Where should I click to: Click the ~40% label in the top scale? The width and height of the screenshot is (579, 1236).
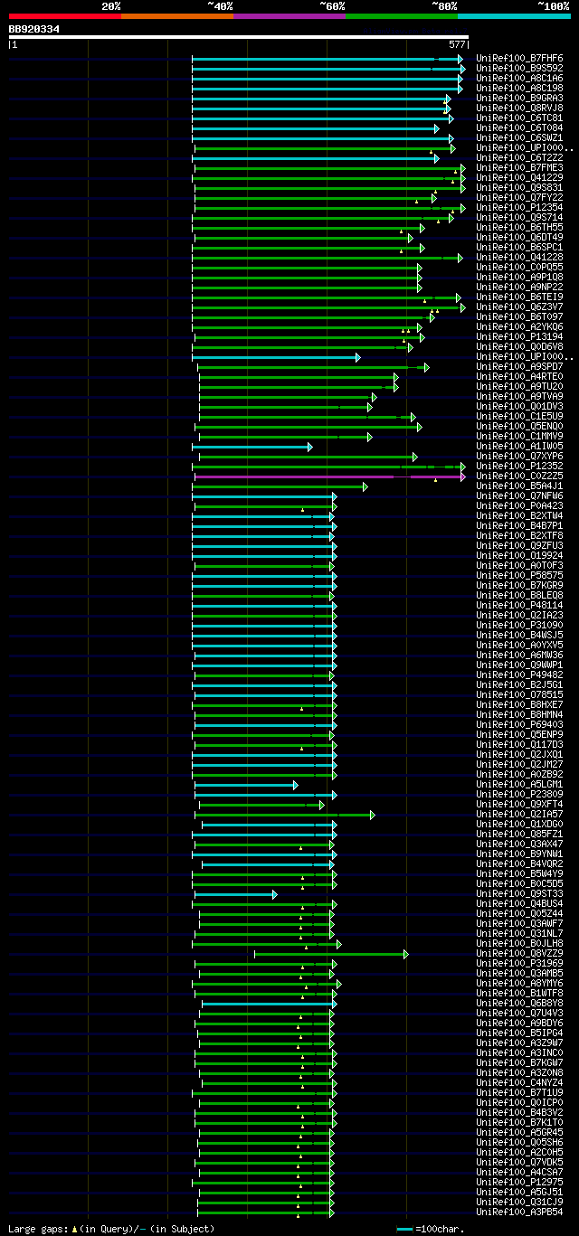tap(220, 5)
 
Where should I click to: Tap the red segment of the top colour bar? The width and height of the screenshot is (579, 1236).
tap(64, 16)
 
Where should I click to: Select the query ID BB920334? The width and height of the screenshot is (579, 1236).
tap(34, 29)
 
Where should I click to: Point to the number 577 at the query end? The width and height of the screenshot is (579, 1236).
tap(457, 43)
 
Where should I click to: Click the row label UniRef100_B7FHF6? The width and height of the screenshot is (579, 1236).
tap(519, 58)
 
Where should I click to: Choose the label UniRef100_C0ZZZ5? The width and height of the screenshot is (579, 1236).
tap(519, 476)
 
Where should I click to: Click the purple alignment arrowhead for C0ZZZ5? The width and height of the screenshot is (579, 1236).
tap(462, 476)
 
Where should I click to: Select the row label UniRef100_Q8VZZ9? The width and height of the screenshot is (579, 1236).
tap(519, 953)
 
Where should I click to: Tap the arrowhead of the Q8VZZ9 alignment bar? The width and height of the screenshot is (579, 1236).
tap(406, 953)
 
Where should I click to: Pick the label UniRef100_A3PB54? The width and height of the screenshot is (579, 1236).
tap(519, 1212)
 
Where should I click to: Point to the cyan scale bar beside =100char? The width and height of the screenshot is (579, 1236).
tap(404, 1229)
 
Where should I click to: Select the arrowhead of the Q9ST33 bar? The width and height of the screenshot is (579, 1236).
tap(275, 893)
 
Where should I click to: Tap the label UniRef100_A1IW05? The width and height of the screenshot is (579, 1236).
tap(519, 446)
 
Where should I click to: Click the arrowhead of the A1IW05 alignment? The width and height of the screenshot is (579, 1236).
tap(310, 446)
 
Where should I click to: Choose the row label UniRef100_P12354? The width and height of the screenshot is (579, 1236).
tap(519, 207)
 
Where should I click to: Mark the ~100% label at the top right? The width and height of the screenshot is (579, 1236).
tap(553, 5)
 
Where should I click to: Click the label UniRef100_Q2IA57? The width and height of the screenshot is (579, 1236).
tap(519, 814)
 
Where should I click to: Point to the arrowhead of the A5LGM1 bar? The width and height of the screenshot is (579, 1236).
tap(296, 784)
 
